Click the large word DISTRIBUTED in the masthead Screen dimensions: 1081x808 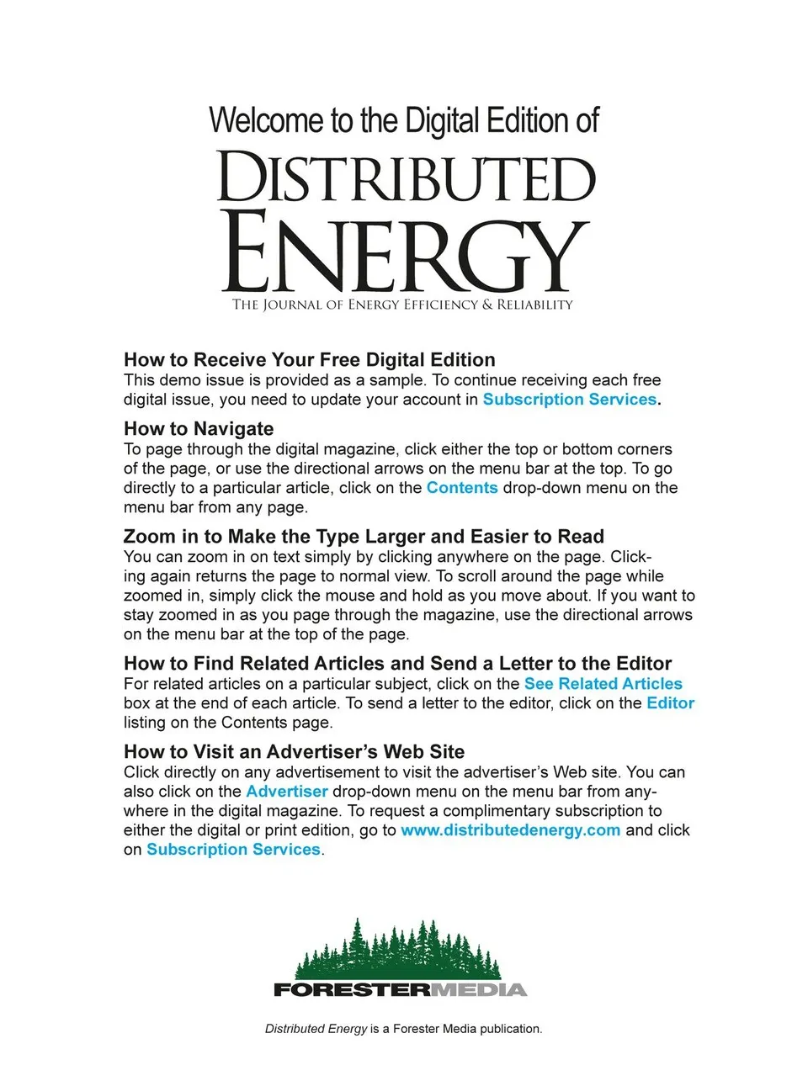[407, 178]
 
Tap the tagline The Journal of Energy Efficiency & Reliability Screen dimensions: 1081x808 [402, 305]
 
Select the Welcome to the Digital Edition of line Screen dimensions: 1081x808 [404, 120]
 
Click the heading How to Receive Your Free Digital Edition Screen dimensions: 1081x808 [309, 360]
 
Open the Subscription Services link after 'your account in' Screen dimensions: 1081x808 [569, 400]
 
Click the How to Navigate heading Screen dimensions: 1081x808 [199, 428]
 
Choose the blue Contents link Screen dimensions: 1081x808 [462, 488]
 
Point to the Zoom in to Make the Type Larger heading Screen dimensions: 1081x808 [364, 537]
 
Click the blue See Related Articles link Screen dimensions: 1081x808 [603, 684]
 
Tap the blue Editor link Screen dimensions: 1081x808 [670, 703]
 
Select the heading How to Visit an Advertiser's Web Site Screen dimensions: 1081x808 [294, 751]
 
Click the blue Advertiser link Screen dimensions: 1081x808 [286, 792]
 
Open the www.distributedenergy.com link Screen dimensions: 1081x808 [510, 830]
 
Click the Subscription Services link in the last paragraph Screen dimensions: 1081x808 [233, 850]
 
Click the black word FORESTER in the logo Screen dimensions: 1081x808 [351, 989]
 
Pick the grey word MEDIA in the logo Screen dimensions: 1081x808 [478, 989]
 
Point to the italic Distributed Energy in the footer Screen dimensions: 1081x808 [316, 1029]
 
